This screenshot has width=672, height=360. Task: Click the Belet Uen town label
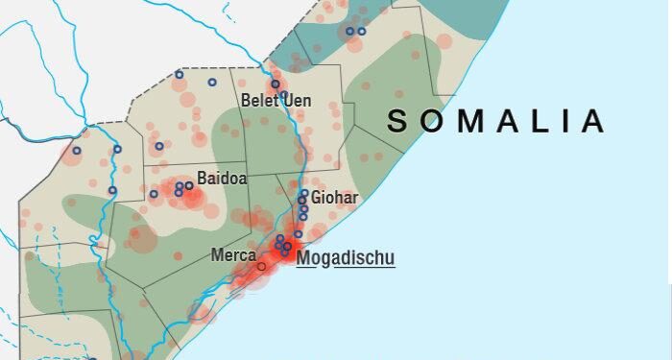click(276, 101)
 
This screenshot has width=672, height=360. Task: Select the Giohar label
click(334, 199)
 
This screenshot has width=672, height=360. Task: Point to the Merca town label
click(232, 256)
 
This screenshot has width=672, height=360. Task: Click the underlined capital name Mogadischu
click(346, 257)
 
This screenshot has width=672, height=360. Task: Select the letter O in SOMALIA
click(434, 121)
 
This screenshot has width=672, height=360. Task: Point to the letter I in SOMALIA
click(574, 121)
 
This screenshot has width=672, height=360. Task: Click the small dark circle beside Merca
click(261, 266)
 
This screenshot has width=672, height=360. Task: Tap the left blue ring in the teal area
click(349, 32)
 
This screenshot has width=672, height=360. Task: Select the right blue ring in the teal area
click(362, 32)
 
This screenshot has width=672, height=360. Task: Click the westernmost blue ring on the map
click(77, 150)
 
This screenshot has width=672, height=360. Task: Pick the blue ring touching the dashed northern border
click(179, 74)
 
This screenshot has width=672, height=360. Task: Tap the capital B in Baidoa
click(202, 178)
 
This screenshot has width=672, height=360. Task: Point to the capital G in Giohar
click(317, 199)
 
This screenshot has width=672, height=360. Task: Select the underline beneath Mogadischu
click(346, 267)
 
